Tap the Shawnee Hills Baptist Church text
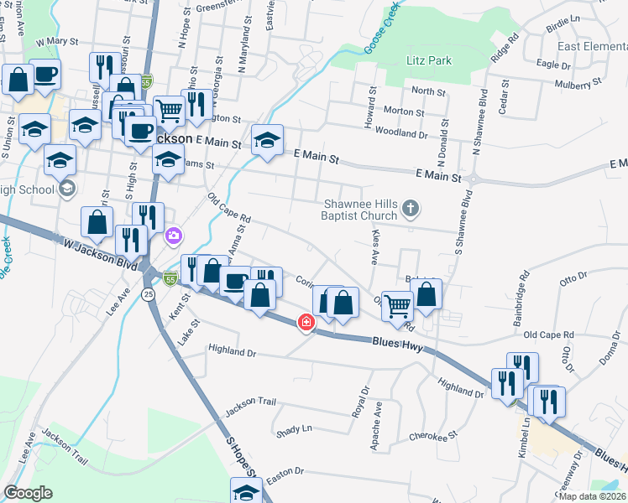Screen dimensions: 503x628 [x=361, y=210]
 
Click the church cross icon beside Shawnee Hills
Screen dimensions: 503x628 [x=411, y=208]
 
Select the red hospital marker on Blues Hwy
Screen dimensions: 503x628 [x=307, y=321]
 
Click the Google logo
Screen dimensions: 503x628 [x=28, y=493]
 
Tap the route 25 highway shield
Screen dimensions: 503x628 [x=149, y=294]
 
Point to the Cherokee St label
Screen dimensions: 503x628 [x=432, y=436]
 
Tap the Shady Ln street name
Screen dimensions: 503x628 [x=294, y=430]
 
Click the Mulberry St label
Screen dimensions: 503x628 [x=579, y=84]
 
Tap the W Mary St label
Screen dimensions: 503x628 [x=56, y=40]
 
